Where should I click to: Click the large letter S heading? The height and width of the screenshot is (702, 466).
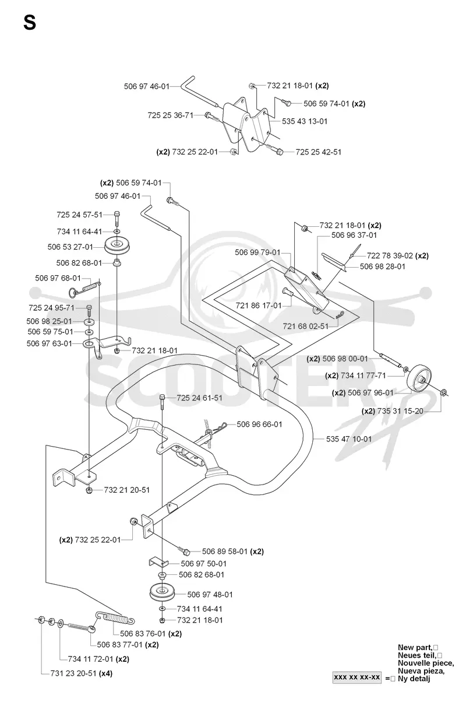click(30, 23)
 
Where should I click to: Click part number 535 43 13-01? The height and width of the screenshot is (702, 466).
click(305, 121)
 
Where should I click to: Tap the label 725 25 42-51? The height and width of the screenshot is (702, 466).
click(318, 152)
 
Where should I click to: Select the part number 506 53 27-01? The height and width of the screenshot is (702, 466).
click(70, 247)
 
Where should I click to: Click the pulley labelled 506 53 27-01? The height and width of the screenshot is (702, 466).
click(117, 245)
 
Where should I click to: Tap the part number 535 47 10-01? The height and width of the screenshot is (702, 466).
click(349, 439)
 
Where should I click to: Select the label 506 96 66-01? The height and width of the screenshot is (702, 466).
click(259, 424)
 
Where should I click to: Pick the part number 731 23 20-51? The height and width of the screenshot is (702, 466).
click(73, 673)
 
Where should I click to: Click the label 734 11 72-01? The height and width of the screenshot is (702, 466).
click(90, 659)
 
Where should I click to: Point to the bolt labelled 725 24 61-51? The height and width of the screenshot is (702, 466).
click(162, 402)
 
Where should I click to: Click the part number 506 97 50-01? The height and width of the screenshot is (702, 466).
click(203, 564)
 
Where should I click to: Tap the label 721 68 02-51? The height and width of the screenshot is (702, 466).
click(306, 327)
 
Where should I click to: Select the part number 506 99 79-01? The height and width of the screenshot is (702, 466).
click(257, 252)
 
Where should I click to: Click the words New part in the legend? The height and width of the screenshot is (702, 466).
click(415, 647)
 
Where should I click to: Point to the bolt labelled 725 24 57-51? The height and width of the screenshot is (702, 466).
click(117, 219)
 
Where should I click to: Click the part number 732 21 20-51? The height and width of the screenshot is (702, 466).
click(127, 490)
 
